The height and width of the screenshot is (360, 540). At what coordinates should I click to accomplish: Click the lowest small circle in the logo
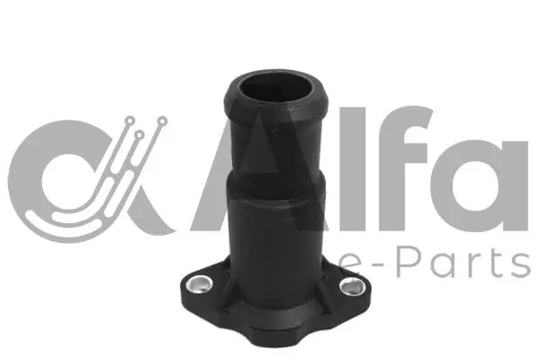coord(140,135)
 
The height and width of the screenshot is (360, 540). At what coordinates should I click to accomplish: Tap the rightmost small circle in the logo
coord(161,120)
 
